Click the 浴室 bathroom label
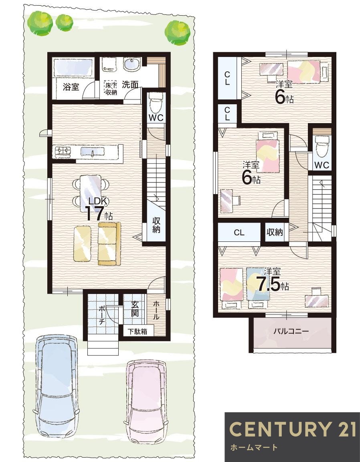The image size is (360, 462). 71,87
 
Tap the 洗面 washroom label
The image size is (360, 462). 130,85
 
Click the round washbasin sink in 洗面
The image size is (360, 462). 132,64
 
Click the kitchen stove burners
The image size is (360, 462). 63,151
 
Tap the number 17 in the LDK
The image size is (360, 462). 94,213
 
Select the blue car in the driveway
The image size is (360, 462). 56,386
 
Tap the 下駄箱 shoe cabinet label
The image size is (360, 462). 137,331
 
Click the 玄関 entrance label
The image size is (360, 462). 135,309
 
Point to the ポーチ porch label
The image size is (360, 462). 102,315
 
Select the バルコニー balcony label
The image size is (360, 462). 291,331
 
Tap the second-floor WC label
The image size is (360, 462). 322,165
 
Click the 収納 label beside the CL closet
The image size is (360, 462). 275,232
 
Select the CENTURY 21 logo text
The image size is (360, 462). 293,429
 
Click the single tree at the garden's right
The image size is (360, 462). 177,33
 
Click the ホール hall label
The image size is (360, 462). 156,310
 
